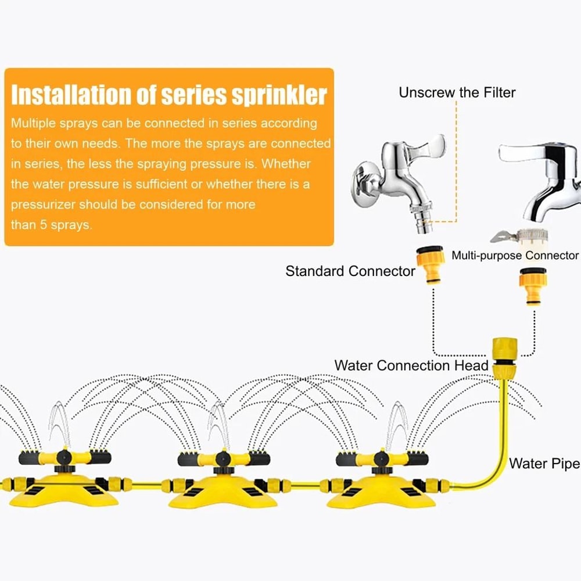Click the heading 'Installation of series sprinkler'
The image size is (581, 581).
click(169, 95)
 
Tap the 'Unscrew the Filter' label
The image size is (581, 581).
click(457, 92)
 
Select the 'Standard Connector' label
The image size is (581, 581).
click(350, 271)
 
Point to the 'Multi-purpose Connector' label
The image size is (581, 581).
click(515, 256)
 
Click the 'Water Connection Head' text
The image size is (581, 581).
click(411, 365)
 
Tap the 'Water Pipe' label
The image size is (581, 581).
click(544, 464)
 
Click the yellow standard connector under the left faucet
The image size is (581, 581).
click(431, 266)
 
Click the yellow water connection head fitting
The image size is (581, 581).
click(501, 356)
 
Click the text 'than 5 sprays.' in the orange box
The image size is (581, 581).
click(51, 225)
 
